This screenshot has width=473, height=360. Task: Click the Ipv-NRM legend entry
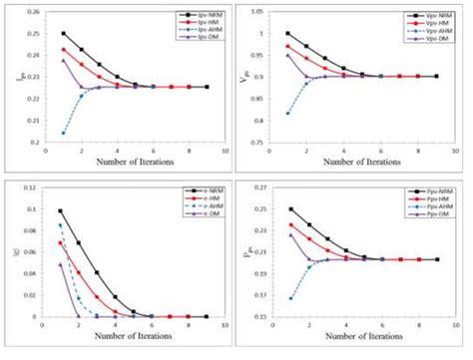coord(201,16)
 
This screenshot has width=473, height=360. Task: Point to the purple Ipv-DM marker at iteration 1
coord(64,60)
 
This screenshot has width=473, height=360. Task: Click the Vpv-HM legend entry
coord(434,25)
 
